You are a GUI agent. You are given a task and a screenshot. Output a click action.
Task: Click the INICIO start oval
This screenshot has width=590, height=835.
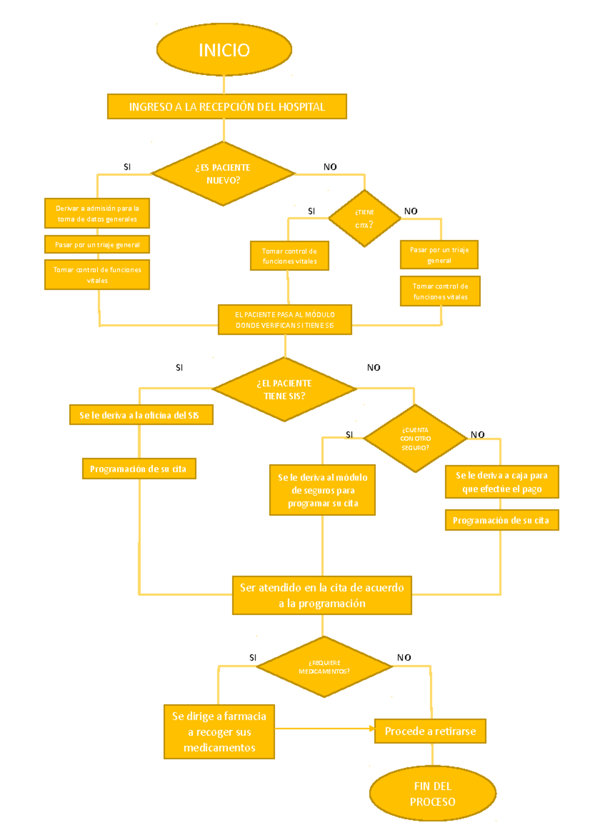(224, 50)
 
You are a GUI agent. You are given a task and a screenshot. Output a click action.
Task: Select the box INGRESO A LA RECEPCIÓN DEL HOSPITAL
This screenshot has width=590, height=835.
(227, 107)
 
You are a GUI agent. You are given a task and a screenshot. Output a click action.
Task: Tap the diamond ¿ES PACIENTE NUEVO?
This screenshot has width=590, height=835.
(223, 174)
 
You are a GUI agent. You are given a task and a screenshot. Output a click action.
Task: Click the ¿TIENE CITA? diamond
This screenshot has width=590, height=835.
(364, 218)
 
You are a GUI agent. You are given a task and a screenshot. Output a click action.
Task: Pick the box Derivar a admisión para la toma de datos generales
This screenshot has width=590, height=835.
(97, 213)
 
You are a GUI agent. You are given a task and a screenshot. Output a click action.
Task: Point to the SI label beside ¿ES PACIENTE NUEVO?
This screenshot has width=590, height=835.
(127, 167)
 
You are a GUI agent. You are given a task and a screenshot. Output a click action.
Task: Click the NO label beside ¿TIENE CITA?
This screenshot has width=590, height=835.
(411, 211)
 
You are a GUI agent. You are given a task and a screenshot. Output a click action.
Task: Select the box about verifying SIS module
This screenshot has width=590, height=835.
(285, 320)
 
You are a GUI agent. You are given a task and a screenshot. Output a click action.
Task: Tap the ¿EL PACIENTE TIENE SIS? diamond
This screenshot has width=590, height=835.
(284, 389)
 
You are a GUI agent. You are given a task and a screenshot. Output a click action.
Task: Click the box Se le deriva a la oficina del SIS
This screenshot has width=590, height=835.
(141, 415)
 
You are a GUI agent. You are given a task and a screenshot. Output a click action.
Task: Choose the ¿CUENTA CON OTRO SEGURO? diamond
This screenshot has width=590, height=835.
(415, 439)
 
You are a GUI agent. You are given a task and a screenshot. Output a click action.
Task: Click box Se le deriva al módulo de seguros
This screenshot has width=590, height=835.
(323, 490)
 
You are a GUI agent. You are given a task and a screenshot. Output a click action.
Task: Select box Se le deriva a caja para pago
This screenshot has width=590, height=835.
(501, 482)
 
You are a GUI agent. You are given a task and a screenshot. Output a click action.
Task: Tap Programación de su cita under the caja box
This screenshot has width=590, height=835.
(501, 520)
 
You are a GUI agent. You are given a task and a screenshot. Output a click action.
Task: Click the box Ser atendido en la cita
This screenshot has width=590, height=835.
(322, 595)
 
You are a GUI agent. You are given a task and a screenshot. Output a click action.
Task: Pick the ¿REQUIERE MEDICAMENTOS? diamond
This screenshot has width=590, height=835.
(324, 667)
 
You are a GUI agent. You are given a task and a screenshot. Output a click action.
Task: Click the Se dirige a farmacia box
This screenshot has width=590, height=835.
(219, 732)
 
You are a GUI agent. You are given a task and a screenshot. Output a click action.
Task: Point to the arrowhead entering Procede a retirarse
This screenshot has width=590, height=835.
(372, 729)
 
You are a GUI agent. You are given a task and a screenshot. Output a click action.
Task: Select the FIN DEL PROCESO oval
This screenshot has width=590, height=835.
(433, 793)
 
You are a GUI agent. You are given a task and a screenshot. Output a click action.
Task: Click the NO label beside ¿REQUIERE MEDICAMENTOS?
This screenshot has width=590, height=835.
(404, 658)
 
